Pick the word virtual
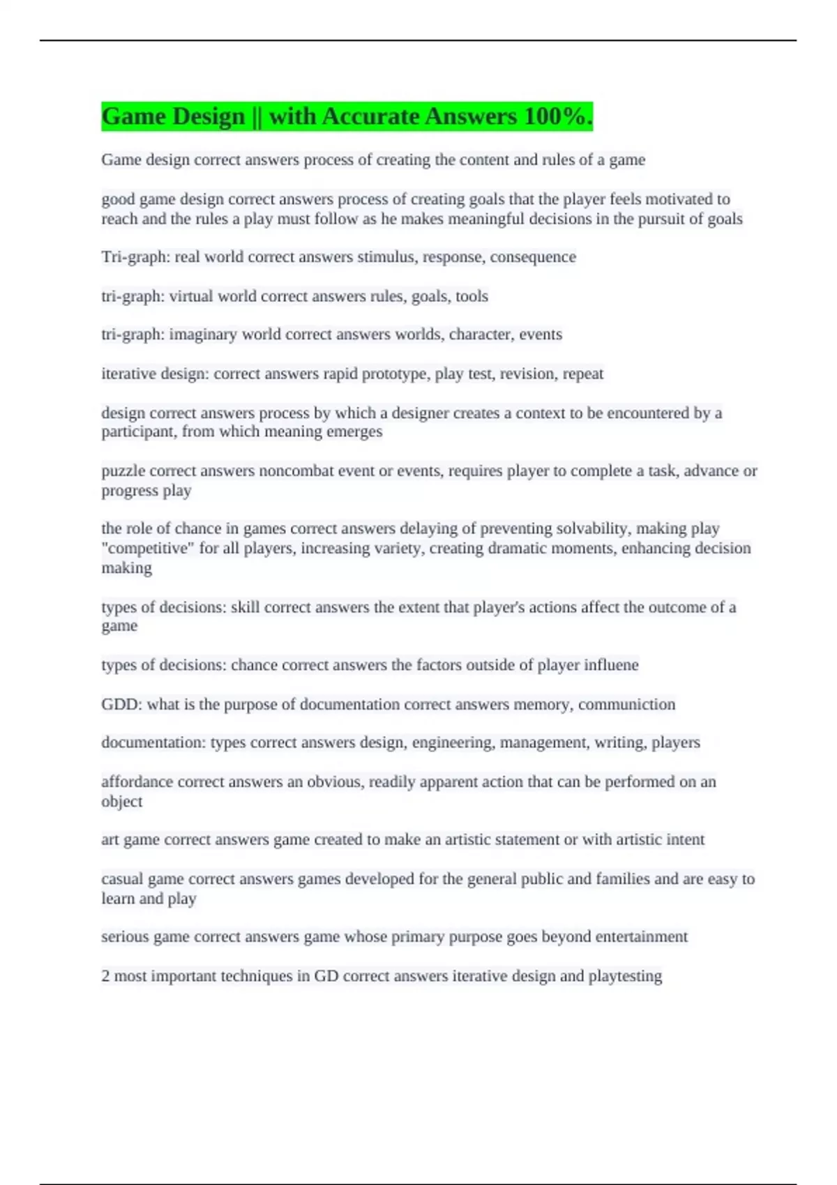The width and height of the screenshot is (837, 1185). pos(190,296)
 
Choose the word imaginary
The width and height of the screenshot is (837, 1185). pos(203,335)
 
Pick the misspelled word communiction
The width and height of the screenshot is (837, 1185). pos(626,705)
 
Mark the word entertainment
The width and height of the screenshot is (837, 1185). pos(638,937)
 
